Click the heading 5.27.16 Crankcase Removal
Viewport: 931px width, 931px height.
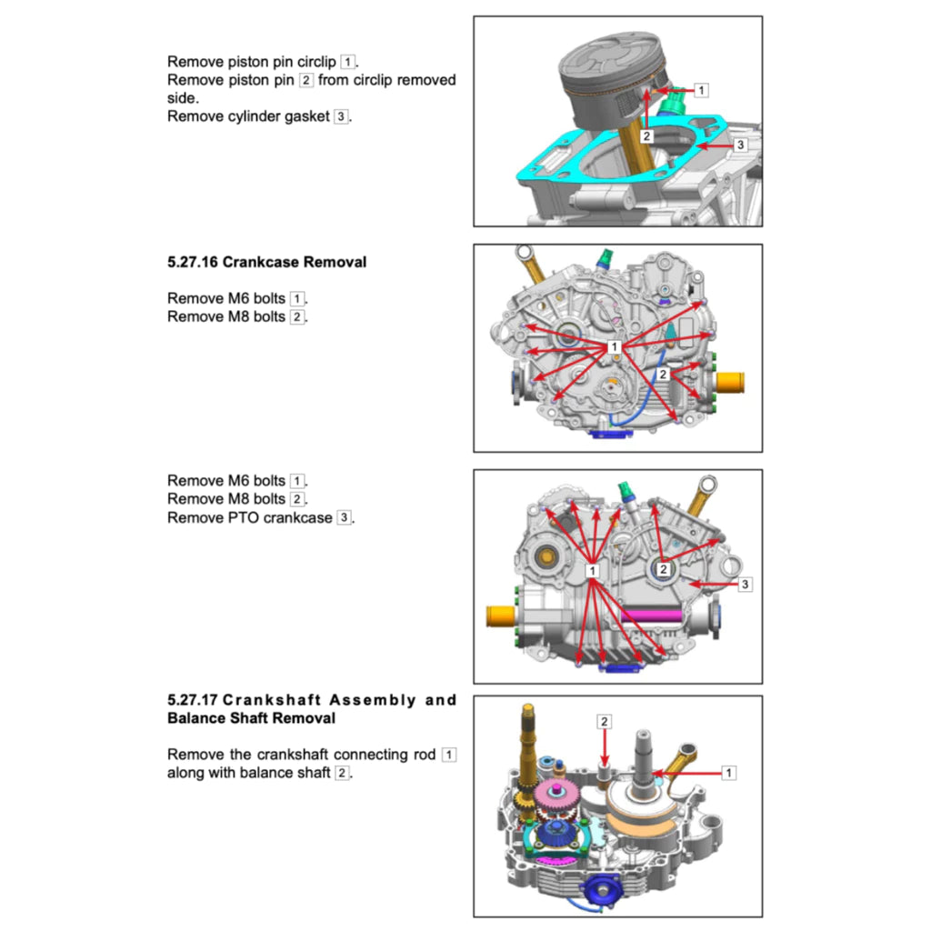tap(266, 262)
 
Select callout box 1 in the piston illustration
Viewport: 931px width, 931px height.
tap(701, 90)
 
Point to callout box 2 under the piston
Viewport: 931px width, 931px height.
tap(646, 136)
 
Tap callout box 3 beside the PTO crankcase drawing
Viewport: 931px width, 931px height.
tap(745, 584)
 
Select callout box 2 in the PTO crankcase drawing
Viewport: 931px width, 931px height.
tap(664, 569)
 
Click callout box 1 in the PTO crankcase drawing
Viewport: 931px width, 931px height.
tap(592, 570)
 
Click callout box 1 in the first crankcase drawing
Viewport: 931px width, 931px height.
tap(615, 347)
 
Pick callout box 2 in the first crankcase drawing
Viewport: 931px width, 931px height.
tap(664, 374)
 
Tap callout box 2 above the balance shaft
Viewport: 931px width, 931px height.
tap(605, 721)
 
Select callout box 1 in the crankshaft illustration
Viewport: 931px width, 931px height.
tap(728, 772)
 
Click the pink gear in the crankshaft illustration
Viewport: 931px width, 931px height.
tap(554, 797)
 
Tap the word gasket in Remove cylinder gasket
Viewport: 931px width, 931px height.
tap(308, 116)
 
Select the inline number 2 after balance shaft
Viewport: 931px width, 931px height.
tap(342, 773)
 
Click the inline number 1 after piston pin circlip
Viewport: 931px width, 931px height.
tap(348, 62)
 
